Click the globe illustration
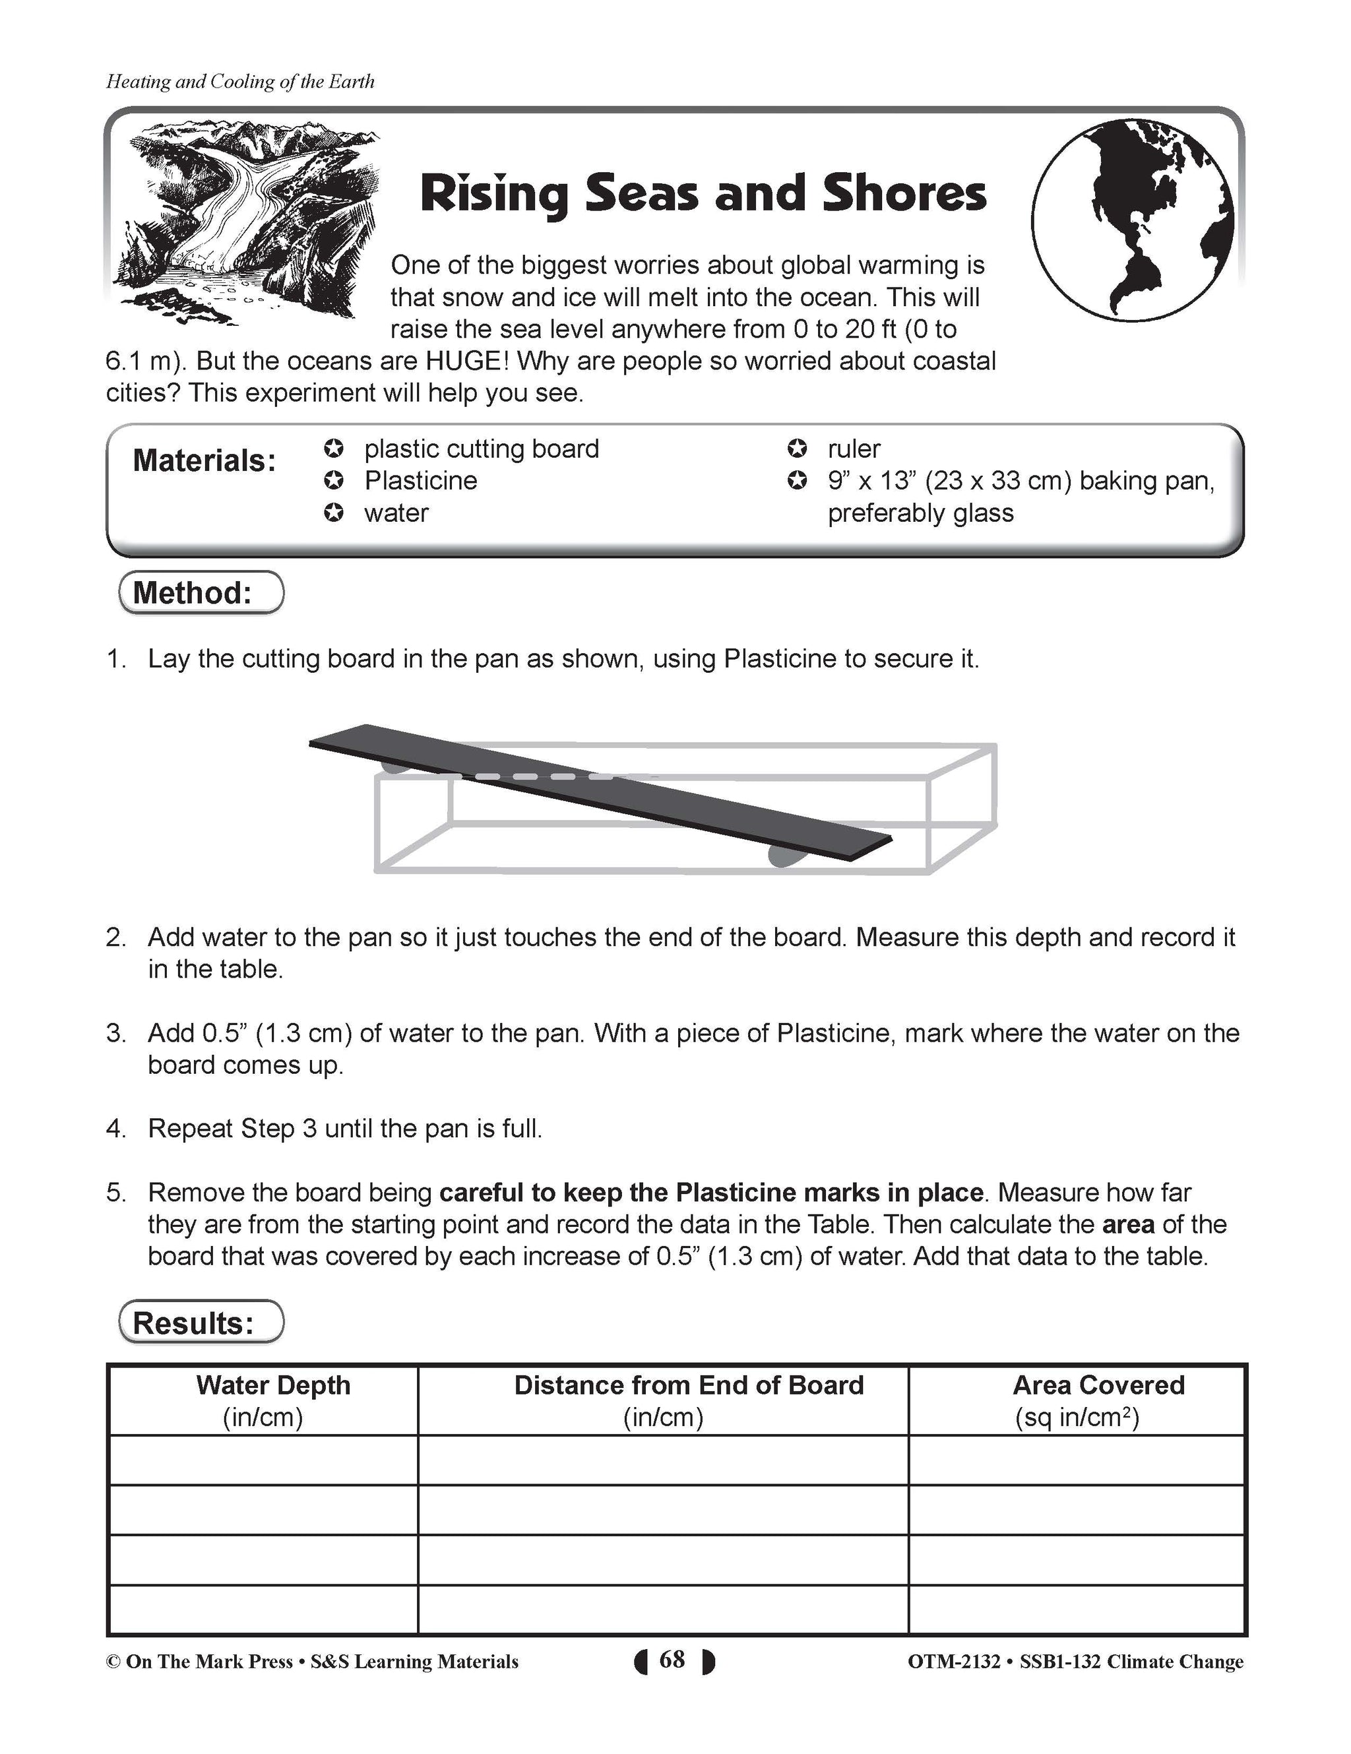point(1132,225)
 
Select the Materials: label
point(204,461)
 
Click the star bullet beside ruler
point(797,448)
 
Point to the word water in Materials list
point(396,513)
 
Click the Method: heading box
point(201,593)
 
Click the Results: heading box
point(201,1323)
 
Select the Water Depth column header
point(272,1385)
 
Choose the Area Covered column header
point(1097,1385)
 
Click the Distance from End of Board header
point(688,1385)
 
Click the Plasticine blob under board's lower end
point(783,856)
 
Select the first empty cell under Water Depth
point(263,1459)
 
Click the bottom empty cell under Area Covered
point(1077,1610)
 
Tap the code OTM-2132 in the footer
point(953,1662)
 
